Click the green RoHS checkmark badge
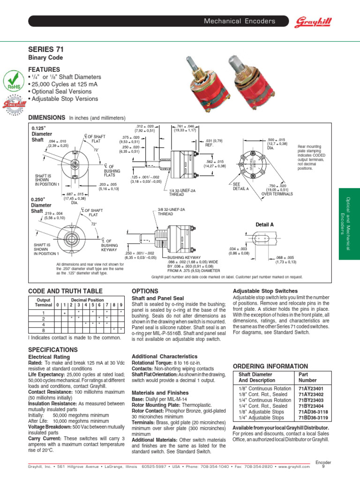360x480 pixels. (13, 81)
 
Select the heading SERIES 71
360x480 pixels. (46, 49)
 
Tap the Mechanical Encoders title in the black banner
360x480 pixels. (246, 22)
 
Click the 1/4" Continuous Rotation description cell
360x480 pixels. (265, 400)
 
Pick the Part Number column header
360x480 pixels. (307, 377)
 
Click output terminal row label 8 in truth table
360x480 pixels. (43, 330)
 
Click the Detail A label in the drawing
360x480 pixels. (265, 225)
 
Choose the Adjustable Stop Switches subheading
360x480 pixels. (265, 291)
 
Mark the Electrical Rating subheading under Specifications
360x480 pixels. (47, 357)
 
